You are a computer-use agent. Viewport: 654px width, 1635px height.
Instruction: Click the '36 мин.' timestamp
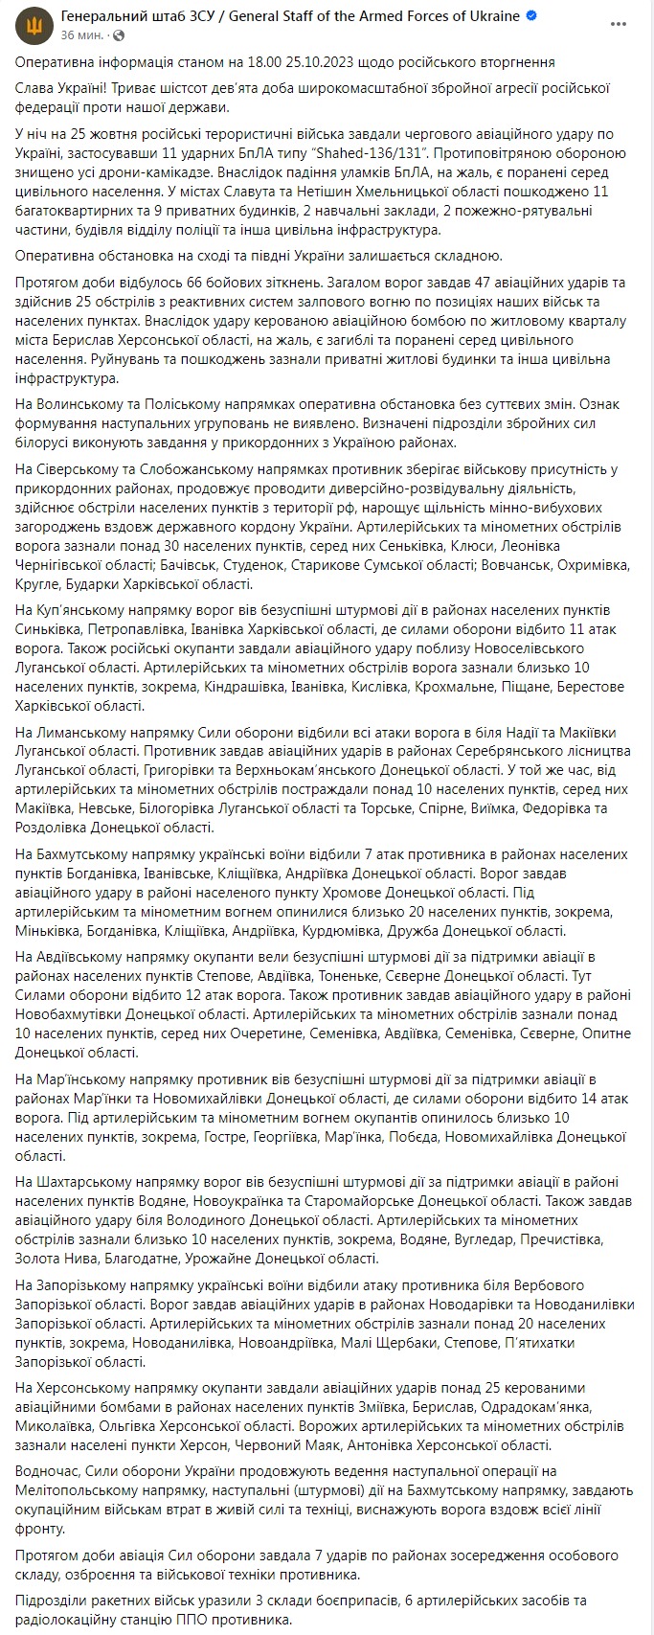click(81, 34)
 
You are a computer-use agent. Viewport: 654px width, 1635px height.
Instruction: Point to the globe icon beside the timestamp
click(120, 34)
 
